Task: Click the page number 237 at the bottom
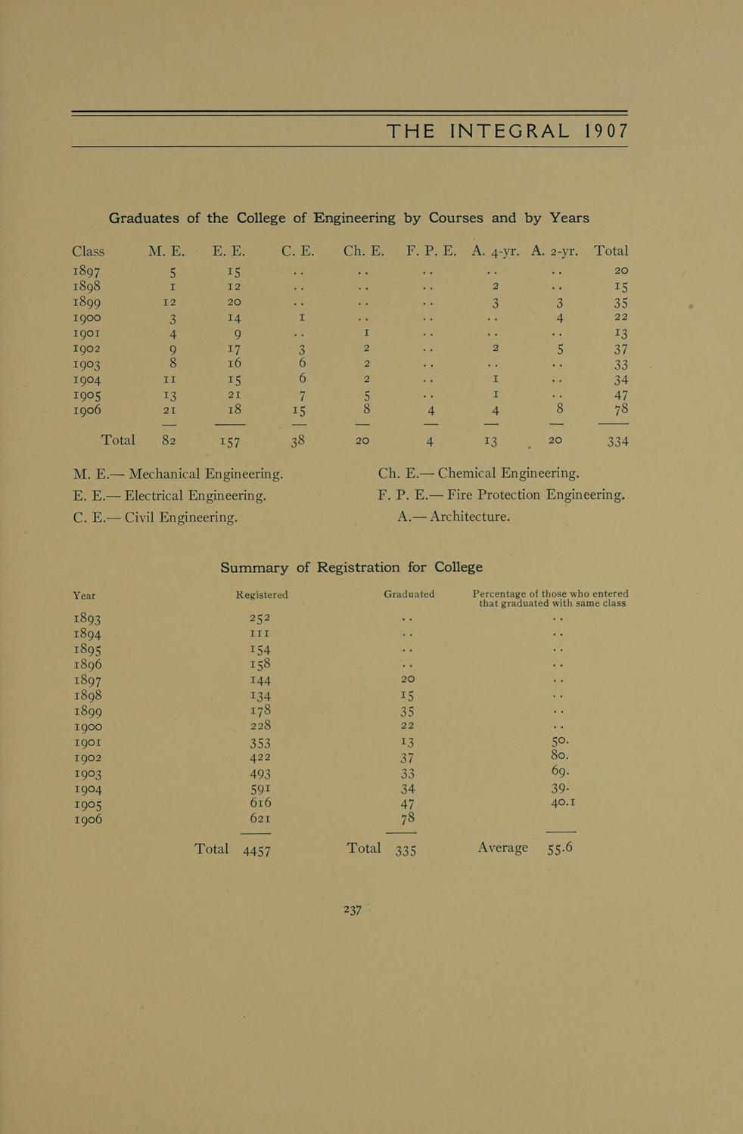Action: tap(353, 909)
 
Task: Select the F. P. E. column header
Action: tap(431, 251)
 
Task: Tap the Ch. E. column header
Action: tap(364, 251)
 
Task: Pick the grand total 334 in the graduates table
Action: tap(617, 441)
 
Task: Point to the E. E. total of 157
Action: tap(228, 441)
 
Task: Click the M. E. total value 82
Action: tap(169, 440)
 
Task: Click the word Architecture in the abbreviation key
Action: tap(469, 517)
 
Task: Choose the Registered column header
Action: tap(262, 595)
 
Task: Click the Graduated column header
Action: tap(409, 594)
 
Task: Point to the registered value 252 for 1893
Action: tap(260, 618)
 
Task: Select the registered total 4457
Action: tap(256, 850)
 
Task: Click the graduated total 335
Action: tap(406, 850)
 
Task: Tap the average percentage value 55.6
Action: tap(560, 848)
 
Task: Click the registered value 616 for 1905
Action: tap(260, 803)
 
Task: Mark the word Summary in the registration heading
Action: tap(254, 567)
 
